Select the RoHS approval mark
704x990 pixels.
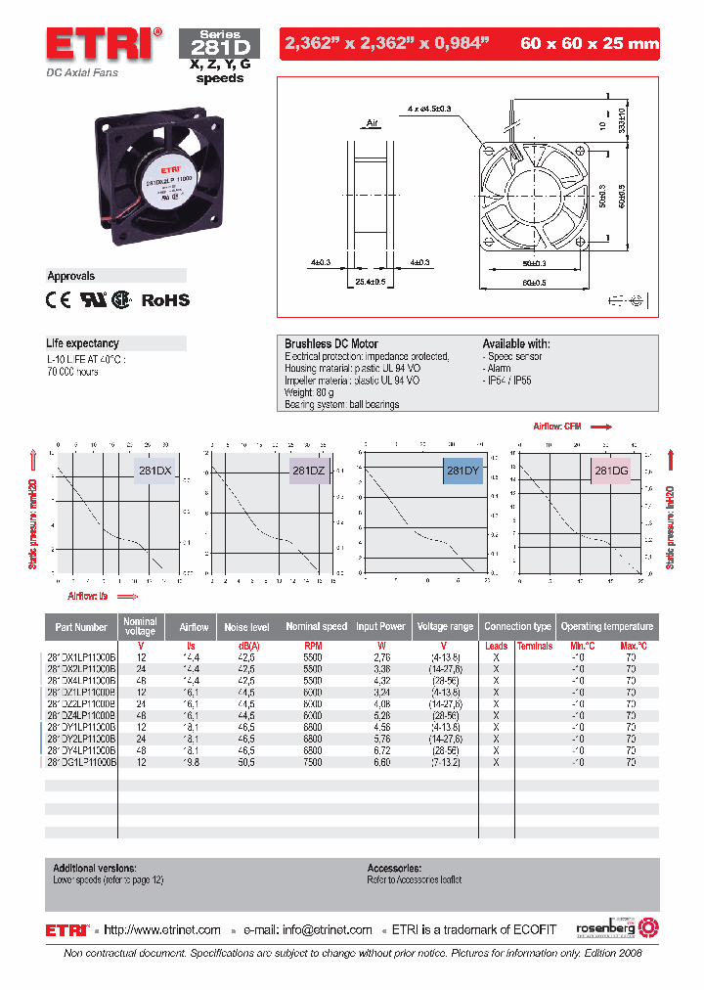tap(166, 300)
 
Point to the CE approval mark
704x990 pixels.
tap(59, 300)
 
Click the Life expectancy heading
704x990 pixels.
tap(83, 343)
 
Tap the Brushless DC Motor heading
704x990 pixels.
tap(330, 344)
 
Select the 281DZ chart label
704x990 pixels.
tap(308, 471)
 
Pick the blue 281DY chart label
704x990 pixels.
tap(462, 471)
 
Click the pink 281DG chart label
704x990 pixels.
tap(613, 471)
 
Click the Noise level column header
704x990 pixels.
tap(246, 626)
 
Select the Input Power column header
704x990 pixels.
tap(380, 626)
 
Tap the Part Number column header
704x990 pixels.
tap(81, 626)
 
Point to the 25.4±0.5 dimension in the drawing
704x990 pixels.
tap(370, 282)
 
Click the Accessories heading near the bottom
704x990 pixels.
tap(394, 868)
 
